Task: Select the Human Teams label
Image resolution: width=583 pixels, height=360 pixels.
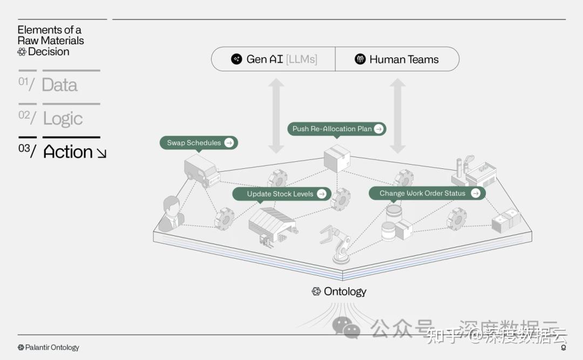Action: pos(397,59)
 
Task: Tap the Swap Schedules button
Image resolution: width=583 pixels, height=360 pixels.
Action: pos(199,143)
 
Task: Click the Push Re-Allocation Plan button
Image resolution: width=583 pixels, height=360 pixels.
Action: pos(337,129)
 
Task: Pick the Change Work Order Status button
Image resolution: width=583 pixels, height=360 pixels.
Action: pos(427,193)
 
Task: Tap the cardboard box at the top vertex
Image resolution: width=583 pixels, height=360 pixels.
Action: pos(337,158)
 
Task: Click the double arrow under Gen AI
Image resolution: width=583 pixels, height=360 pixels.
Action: pos(276,116)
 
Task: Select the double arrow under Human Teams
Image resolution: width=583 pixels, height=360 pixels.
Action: pos(398,116)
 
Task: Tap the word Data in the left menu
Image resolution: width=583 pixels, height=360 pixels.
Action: pos(59,85)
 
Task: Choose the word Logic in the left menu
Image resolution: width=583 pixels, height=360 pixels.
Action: pos(63,119)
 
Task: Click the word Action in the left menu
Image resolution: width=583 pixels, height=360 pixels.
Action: pos(69,152)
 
